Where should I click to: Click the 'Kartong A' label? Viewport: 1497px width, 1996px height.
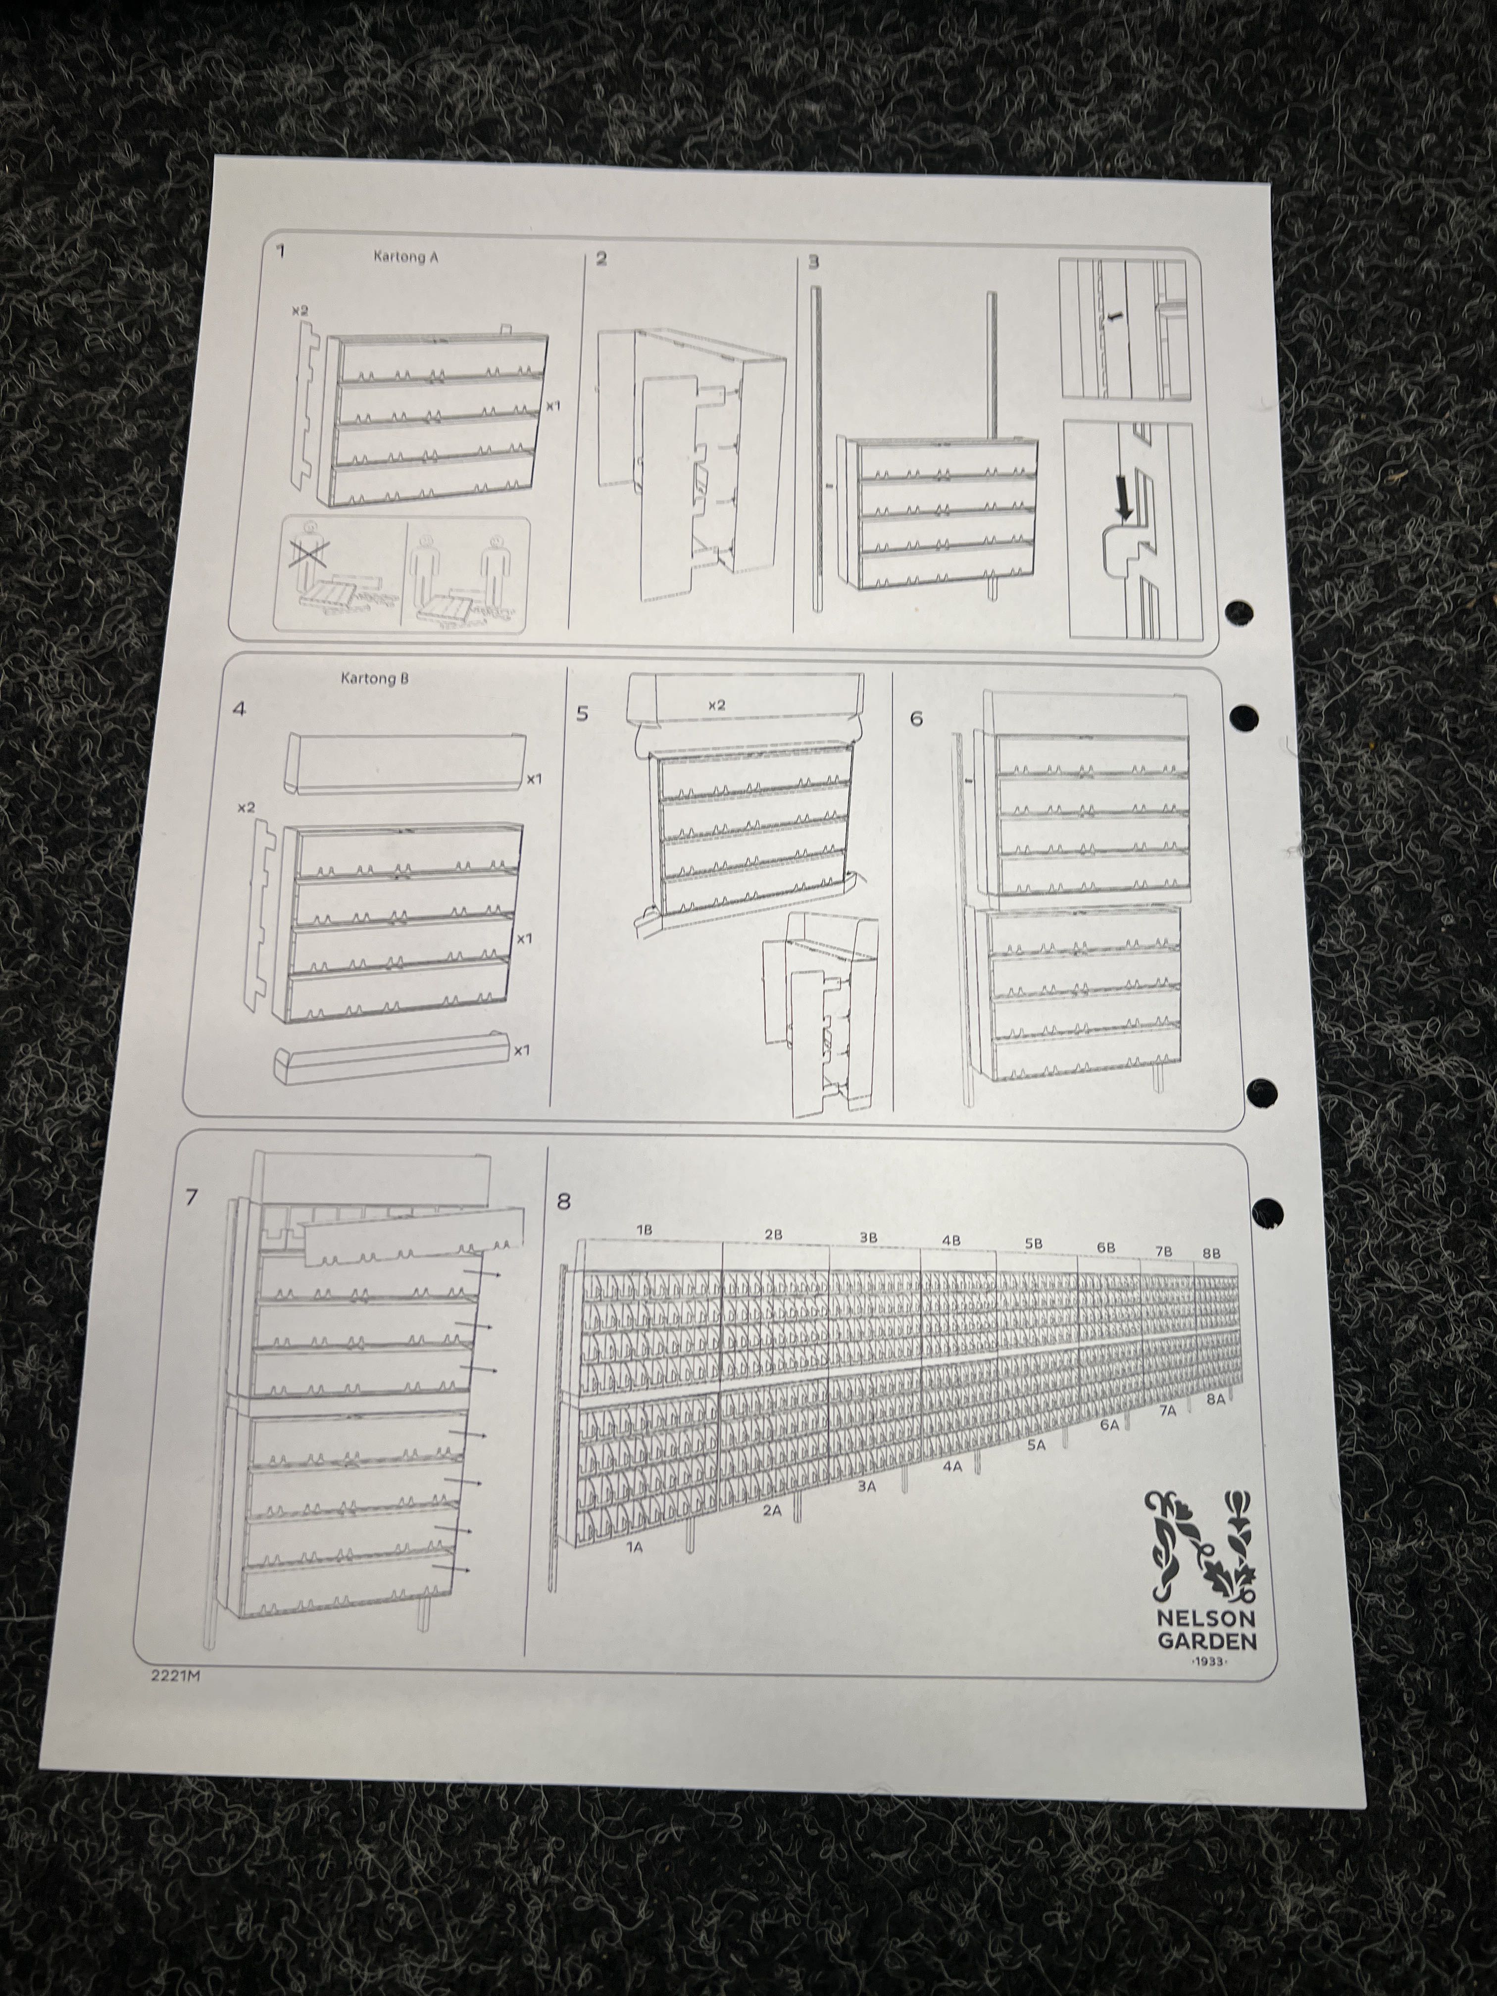click(x=406, y=256)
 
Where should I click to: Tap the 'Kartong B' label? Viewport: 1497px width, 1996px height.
click(x=374, y=679)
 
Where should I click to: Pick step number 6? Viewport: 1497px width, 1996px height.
click(x=917, y=719)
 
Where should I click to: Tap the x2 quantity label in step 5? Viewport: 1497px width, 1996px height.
click(x=716, y=705)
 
